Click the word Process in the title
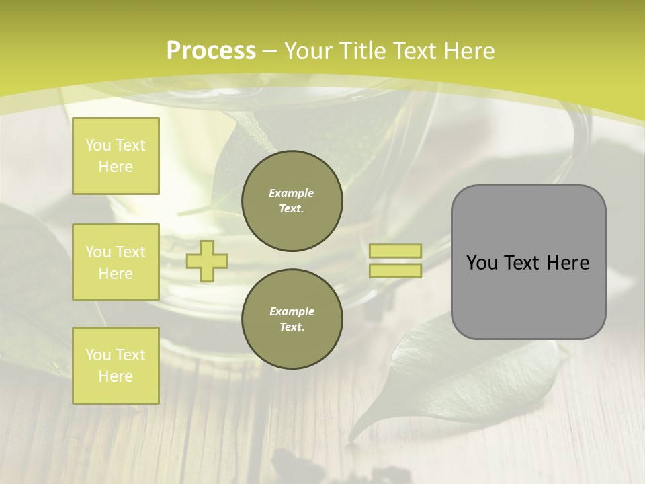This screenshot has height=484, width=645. coord(211,51)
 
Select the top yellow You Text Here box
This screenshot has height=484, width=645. coord(116,156)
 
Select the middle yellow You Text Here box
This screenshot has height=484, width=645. coord(116,262)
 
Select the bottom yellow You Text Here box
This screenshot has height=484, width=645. coord(116,365)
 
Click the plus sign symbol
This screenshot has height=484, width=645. coord(207,261)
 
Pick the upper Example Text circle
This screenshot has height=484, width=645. coord(292,200)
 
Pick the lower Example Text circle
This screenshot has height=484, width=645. coord(292,319)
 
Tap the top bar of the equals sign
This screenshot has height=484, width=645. coord(396,251)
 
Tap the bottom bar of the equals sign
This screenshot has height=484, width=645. coord(396,270)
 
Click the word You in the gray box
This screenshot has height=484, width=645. coord(481,263)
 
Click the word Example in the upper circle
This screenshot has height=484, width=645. coord(292,193)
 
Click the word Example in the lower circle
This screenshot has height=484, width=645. coord(292,311)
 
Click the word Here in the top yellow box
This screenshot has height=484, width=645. coord(116,167)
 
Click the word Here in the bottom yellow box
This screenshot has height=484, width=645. coord(116,376)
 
